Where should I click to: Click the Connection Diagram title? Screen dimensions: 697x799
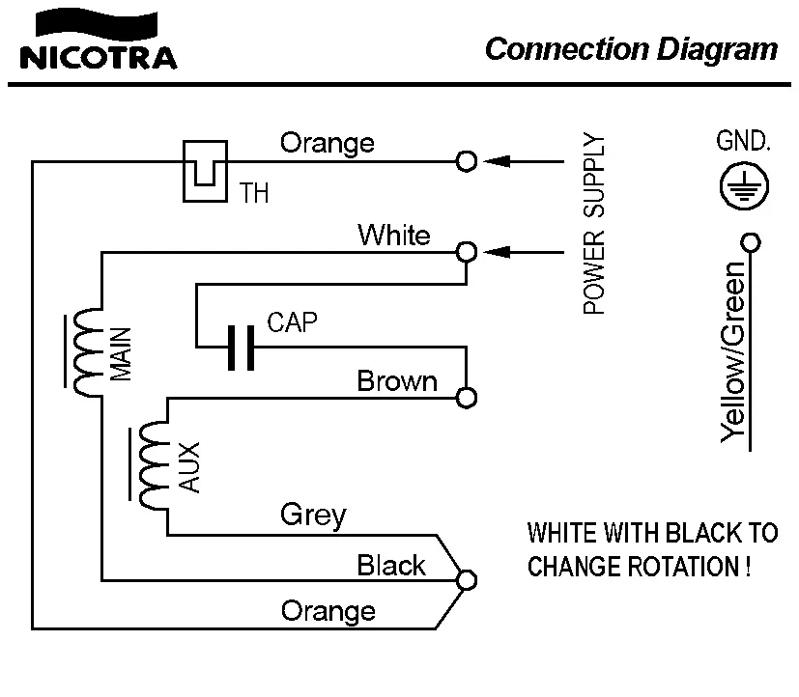tap(631, 49)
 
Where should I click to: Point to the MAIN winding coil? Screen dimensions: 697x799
tap(86, 353)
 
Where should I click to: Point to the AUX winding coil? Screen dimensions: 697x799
tap(153, 466)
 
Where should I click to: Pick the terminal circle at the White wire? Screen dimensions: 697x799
tap(467, 252)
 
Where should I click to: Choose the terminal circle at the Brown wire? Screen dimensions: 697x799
tap(467, 397)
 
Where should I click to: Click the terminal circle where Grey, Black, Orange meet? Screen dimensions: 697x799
tap(467, 579)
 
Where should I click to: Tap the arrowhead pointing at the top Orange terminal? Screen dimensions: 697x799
tap(496, 161)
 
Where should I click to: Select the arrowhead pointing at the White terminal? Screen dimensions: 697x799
tap(496, 252)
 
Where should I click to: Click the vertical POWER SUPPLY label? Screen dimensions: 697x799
tap(595, 225)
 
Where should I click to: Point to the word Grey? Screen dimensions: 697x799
tap(313, 515)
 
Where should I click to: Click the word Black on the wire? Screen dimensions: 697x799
tap(391, 565)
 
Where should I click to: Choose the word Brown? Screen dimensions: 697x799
tap(397, 381)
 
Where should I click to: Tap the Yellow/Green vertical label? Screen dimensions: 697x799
tap(736, 353)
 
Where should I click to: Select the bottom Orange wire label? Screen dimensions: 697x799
tap(328, 611)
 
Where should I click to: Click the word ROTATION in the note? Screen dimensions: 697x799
tap(685, 567)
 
